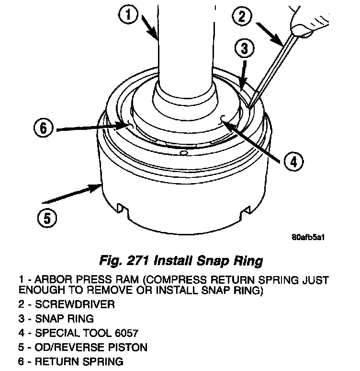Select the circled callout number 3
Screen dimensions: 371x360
tap(244, 49)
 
